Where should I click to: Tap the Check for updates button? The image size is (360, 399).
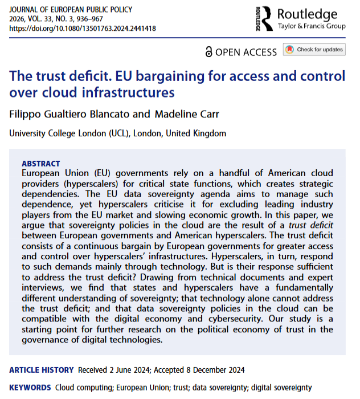pyautogui.click(x=315, y=50)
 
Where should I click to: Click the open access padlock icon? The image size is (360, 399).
pyautogui.click(x=209, y=52)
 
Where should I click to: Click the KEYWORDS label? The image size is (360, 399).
pyautogui.click(x=30, y=388)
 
